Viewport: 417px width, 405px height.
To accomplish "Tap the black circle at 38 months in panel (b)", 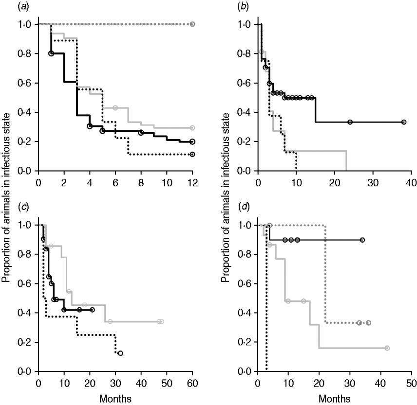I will pos(404,122).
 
